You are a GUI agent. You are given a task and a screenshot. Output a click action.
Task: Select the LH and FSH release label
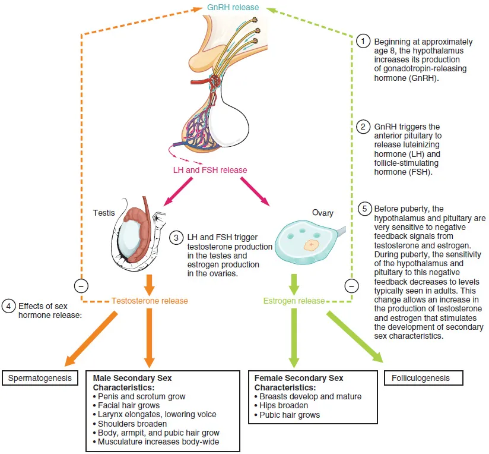pyautogui.click(x=209, y=170)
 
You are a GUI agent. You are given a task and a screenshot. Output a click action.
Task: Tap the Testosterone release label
pyautogui.click(x=150, y=301)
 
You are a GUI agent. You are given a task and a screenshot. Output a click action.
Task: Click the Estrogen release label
pyautogui.click(x=294, y=301)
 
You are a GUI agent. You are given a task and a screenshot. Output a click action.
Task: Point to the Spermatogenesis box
pyautogui.click(x=40, y=377)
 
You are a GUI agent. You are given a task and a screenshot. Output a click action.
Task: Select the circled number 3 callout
pyautogui.click(x=176, y=237)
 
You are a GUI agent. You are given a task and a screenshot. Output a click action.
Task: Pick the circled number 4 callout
pyautogui.click(x=8, y=307)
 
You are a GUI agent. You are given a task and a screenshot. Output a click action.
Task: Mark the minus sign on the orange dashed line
pyautogui.click(x=81, y=285)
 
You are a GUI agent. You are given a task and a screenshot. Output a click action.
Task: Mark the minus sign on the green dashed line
pyautogui.click(x=351, y=285)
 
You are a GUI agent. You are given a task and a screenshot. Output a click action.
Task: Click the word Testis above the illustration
pyautogui.click(x=104, y=212)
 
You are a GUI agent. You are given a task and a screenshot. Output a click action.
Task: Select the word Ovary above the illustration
pyautogui.click(x=323, y=212)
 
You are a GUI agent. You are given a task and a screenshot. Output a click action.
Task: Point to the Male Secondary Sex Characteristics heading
pyautogui.click(x=132, y=382)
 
